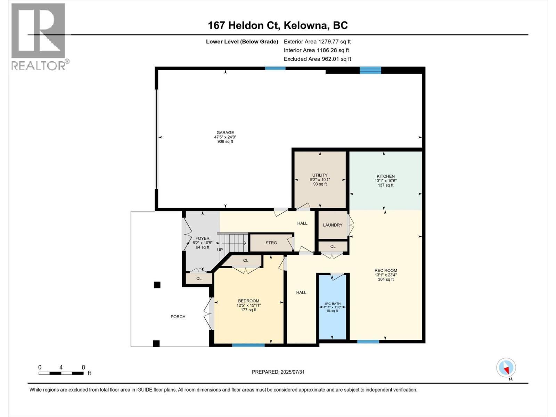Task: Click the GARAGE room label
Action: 225,133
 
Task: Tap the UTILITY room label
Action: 320,175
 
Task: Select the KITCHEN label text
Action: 385,176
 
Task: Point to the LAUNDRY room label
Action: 333,225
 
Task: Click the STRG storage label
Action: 271,243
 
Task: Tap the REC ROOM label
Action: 386,270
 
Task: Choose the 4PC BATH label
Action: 332,303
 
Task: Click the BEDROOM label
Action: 248,301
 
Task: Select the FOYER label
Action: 202,238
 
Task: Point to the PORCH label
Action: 178,317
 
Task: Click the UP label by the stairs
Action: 220,250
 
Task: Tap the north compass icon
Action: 506,368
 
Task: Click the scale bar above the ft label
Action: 61,373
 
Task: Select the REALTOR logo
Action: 39,36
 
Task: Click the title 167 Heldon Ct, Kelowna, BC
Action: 278,25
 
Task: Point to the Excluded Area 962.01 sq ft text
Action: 317,59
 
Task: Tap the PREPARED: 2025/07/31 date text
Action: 278,372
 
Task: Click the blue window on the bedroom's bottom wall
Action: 248,345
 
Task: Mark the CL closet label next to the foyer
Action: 199,279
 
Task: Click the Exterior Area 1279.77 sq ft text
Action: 317,42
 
